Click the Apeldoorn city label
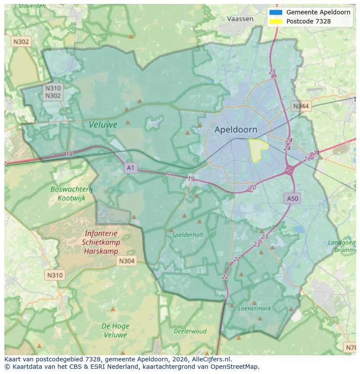[x=236, y=129]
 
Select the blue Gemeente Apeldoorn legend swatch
[x=276, y=12]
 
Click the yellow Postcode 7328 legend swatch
[x=276, y=21]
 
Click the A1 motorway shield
[x=130, y=167]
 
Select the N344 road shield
[x=301, y=106]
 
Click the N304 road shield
[x=126, y=261]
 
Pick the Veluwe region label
[x=103, y=125]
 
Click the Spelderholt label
[x=187, y=235]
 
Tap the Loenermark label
[x=254, y=308]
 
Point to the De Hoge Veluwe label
[x=115, y=330]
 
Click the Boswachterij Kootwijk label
[x=68, y=193]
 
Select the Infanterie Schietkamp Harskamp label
[x=101, y=242]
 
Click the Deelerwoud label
[x=190, y=331]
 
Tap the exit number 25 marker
[x=273, y=72]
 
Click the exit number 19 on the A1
[x=191, y=179]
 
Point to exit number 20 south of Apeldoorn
[x=253, y=188]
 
